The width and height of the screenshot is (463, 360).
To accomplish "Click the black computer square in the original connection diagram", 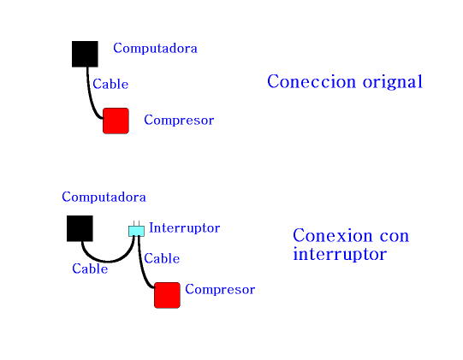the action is tap(85, 54).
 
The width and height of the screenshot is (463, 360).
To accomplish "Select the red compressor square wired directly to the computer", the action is tap(116, 121).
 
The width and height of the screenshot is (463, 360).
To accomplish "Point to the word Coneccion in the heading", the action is tap(312, 81).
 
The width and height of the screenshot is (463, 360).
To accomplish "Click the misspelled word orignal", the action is tap(393, 82).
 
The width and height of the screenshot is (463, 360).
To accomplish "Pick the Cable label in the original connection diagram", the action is tap(110, 84).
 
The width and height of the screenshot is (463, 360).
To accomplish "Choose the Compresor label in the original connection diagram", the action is tap(179, 121).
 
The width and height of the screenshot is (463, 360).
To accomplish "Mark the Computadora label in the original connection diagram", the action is tap(155, 48).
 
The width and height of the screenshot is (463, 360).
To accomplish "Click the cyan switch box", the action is tap(136, 231).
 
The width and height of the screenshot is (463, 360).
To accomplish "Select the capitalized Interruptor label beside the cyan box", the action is tap(185, 228).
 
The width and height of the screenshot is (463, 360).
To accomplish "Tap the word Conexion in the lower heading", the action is tap(332, 236).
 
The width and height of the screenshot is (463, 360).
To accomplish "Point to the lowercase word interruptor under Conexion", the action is tap(340, 254).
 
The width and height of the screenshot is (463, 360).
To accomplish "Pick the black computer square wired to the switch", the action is tap(80, 228).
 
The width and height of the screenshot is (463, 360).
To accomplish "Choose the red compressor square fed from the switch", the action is tap(167, 295).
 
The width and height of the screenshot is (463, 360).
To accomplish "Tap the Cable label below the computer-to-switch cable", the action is tap(90, 269).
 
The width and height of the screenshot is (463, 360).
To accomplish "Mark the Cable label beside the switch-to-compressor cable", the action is tap(162, 259).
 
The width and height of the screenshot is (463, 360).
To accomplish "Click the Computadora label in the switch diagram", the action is tap(104, 198).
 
